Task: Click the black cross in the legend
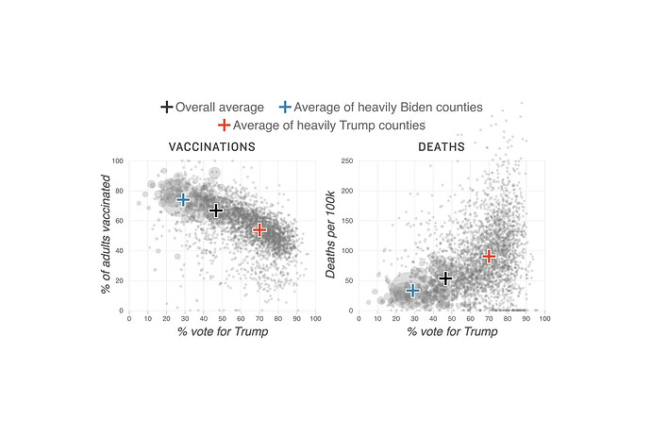pos(167,107)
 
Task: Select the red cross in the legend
pos(224,125)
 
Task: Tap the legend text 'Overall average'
pos(219,107)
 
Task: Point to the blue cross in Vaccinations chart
pos(184,199)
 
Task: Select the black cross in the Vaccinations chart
pos(216,211)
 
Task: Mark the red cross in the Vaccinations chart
pos(259,229)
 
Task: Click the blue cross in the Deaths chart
pos(412,290)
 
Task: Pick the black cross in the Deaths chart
pos(445,278)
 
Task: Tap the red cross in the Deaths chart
pos(489,256)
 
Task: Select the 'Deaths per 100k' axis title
pos(331,236)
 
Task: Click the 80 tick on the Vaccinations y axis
pos(120,191)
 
